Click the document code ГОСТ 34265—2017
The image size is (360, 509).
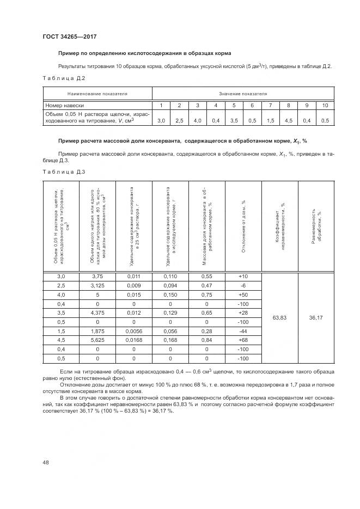pyautogui.click(x=66, y=37)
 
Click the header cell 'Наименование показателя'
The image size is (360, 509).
pyautogui.click(x=97, y=94)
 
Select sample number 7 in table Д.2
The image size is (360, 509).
pyautogui.click(x=270, y=105)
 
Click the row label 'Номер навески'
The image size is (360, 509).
pyautogui.click(x=65, y=105)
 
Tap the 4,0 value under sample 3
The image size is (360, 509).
pyautogui.click(x=198, y=120)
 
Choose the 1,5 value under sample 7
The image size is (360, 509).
pyautogui.click(x=270, y=120)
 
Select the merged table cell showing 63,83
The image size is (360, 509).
pyautogui.click(x=280, y=317)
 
